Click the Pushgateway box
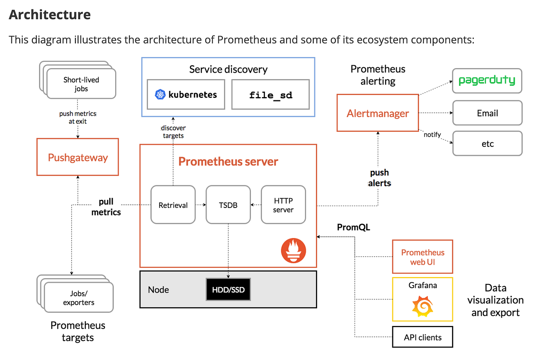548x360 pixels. pos(78,157)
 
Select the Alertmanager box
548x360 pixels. pos(378,113)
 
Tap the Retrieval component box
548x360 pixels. pos(173,205)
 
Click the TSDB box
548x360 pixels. pos(228,205)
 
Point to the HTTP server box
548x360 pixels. pos(283,205)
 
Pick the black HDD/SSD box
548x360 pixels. pos(228,289)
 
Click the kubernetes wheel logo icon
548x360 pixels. pos(160,94)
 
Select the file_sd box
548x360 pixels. pos(270,95)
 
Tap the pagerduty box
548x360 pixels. pos(487,81)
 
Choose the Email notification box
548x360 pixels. pos(487,113)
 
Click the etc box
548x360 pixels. pos(487,143)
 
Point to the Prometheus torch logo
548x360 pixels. pos(294,250)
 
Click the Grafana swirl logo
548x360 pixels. pos(422,306)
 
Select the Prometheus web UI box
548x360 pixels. pos(423,257)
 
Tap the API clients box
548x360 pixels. pos(423,337)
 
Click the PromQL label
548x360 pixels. pos(353,227)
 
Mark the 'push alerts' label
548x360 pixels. pos(379,178)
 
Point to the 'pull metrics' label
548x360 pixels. pos(106,207)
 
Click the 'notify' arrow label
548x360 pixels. pos(432,134)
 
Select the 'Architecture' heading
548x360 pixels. pos(50,14)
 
